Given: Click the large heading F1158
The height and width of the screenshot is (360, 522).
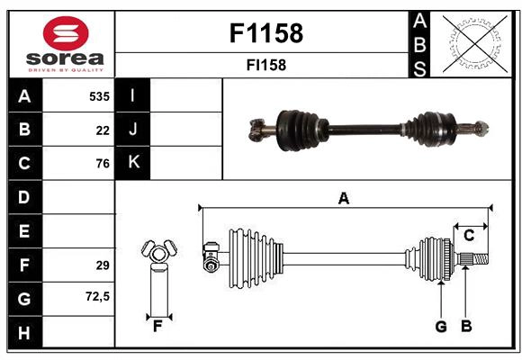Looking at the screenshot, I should [x=266, y=33].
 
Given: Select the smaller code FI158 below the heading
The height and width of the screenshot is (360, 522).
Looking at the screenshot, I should [x=266, y=65].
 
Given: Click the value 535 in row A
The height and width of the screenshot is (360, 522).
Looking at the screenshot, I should [x=98, y=95].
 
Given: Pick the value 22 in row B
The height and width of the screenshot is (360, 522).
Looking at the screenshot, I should [x=103, y=130].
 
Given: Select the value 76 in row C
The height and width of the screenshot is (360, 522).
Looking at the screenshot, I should [x=103, y=164].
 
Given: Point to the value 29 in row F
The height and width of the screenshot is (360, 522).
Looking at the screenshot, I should [x=102, y=265].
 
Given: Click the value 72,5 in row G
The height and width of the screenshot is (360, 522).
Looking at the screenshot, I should [x=96, y=297].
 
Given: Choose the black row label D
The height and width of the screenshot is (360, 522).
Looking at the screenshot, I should [x=23, y=197].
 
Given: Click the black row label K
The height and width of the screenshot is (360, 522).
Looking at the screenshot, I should [x=133, y=163].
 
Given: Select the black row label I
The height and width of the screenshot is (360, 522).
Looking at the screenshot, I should [x=133, y=95].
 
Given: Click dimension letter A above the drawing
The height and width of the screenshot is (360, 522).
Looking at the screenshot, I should [x=343, y=198].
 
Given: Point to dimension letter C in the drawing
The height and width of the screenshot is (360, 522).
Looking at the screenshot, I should [x=469, y=235].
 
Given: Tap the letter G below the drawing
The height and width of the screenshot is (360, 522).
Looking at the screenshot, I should [x=441, y=327].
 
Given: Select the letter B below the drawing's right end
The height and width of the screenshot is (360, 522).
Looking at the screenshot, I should [x=465, y=327].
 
